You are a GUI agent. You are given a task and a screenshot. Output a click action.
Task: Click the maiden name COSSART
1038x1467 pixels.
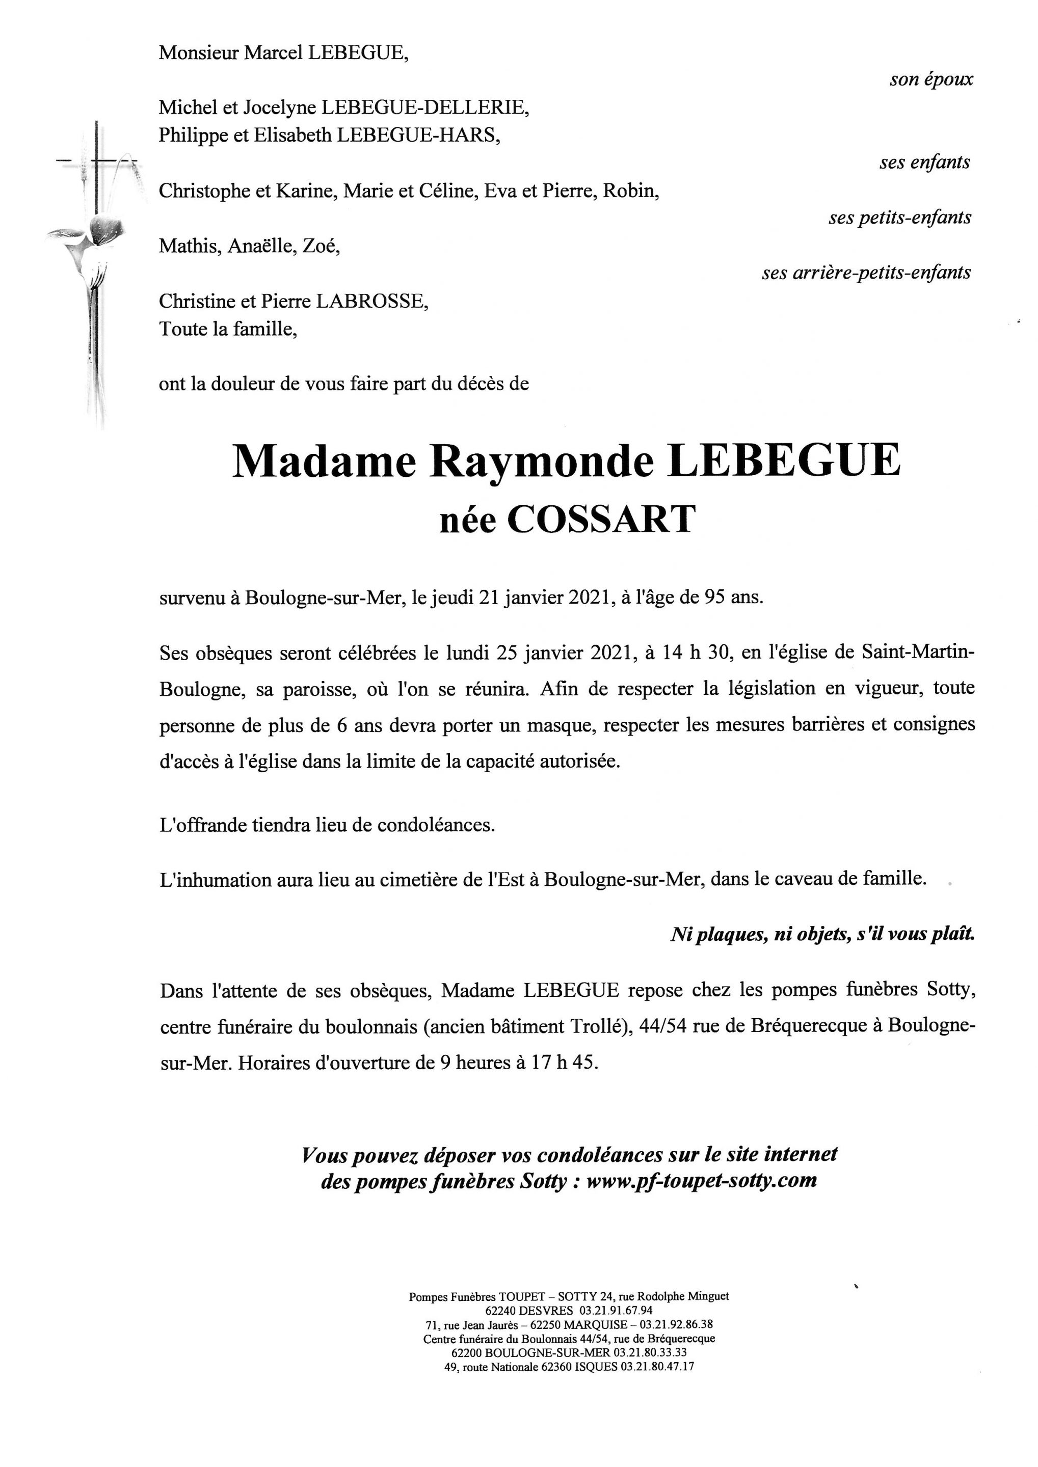601,520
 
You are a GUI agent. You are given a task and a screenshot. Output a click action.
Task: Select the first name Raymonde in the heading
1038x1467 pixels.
542,460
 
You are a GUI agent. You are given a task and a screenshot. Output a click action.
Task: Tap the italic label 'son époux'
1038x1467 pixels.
931,79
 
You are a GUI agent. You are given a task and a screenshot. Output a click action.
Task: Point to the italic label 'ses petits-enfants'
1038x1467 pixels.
899,218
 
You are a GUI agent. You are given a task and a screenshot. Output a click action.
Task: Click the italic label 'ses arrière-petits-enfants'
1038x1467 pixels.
866,273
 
